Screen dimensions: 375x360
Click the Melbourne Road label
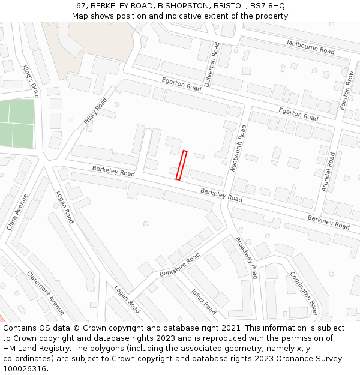point(310,47)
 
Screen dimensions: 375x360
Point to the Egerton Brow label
point(346,90)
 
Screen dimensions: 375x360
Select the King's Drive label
point(31,81)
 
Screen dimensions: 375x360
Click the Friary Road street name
point(95,111)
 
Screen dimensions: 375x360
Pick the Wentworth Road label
point(238,148)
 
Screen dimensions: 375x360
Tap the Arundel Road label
point(328,171)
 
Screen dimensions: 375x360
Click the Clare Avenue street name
point(17,212)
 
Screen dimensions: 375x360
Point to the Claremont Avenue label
point(45,293)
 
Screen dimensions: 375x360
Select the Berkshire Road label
point(179,265)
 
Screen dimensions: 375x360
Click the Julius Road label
point(203,301)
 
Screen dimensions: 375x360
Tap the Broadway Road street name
point(246,257)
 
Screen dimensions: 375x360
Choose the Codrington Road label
point(303,293)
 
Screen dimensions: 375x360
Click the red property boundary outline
point(181,165)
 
